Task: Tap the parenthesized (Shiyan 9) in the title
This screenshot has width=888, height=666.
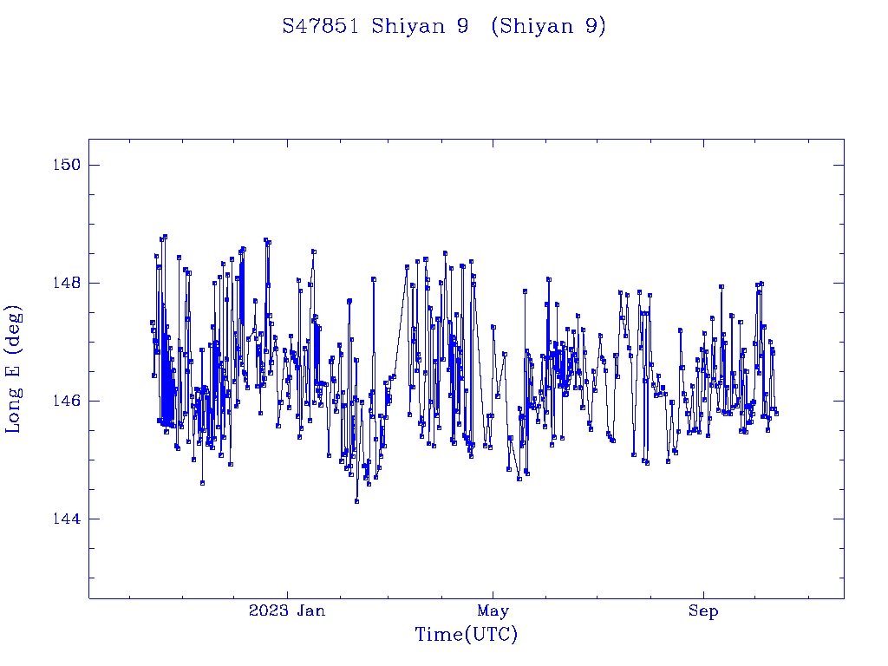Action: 548,26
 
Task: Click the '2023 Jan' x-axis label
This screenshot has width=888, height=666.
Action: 287,611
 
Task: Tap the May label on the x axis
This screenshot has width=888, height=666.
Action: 493,611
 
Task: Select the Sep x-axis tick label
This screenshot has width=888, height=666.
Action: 703,611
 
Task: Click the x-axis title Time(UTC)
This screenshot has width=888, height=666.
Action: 466,636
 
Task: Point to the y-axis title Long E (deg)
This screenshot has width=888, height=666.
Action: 14,369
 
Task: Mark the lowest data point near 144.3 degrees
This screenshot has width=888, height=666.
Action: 356,501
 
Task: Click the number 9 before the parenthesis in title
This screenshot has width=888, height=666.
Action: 463,26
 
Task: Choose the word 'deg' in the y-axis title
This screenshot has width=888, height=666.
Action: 14,325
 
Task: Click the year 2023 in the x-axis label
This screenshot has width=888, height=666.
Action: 269,611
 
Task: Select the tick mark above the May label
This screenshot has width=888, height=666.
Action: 493,594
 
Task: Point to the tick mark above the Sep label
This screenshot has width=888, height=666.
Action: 703,594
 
